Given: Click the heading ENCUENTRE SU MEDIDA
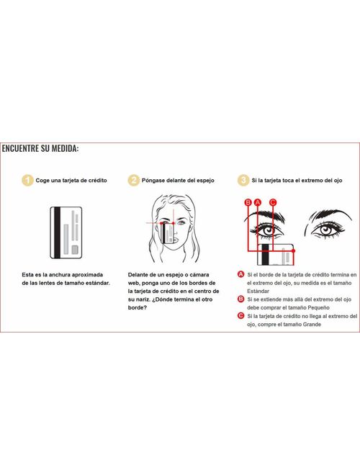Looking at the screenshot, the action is click(40, 148).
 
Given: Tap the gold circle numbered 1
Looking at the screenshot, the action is click(27, 180).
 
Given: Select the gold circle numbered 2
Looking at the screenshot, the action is click(133, 180).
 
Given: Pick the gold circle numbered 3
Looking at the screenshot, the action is click(243, 180).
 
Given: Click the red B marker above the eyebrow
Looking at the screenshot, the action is click(248, 202).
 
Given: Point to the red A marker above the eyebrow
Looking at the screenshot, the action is click(258, 202).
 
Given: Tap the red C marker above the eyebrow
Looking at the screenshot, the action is click(273, 202).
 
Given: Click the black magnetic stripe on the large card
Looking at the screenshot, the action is click(57, 232).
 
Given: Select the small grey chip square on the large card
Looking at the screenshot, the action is click(75, 250).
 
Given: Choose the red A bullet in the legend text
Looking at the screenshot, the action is click(240, 274).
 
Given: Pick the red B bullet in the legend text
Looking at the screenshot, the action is click(240, 299).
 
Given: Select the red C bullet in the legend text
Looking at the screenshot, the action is click(240, 316).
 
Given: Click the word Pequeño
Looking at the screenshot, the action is click(318, 308).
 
